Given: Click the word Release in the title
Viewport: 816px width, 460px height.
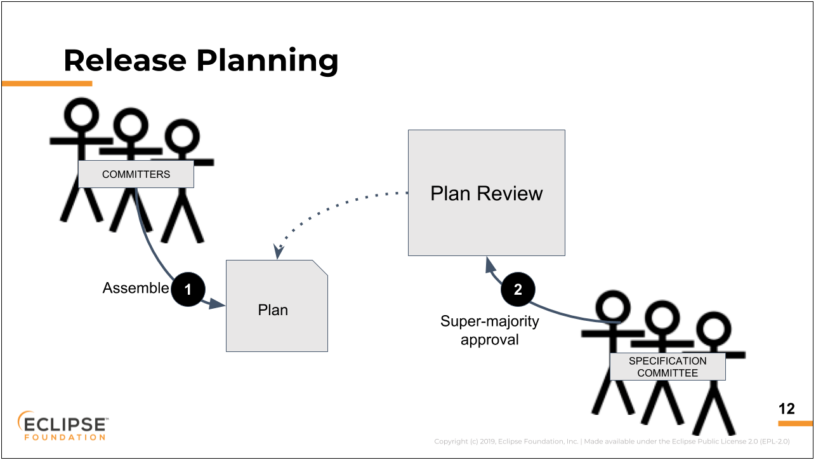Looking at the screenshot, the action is [x=125, y=60].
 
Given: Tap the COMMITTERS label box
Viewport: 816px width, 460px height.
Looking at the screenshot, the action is [x=136, y=174].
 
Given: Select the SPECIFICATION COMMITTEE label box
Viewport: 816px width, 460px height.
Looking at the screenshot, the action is [x=668, y=367].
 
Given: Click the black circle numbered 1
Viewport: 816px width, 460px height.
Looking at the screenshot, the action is [x=188, y=289].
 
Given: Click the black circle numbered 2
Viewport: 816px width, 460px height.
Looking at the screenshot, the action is [x=518, y=289].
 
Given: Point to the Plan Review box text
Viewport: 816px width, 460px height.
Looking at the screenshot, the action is [x=486, y=193].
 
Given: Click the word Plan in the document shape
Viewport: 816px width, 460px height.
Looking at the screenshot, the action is [x=273, y=309].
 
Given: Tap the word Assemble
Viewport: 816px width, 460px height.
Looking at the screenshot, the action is [x=136, y=288].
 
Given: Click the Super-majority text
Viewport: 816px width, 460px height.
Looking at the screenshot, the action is [x=489, y=321].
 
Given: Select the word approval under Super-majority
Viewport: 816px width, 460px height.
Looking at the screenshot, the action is [x=489, y=340].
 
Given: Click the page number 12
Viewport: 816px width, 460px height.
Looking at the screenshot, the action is [x=786, y=409].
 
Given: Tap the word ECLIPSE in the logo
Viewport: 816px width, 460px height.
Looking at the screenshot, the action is [x=65, y=424].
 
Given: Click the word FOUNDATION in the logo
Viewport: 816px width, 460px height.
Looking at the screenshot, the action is [x=65, y=437].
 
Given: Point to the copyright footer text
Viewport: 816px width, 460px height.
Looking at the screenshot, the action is [x=612, y=442].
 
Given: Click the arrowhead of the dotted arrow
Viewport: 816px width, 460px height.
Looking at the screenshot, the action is [x=278, y=252].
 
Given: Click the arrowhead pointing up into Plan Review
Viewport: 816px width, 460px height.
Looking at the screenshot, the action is [x=490, y=264].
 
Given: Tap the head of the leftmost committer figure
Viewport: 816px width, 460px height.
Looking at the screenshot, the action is [x=81, y=115].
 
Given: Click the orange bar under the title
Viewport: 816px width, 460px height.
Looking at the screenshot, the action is [x=47, y=83].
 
